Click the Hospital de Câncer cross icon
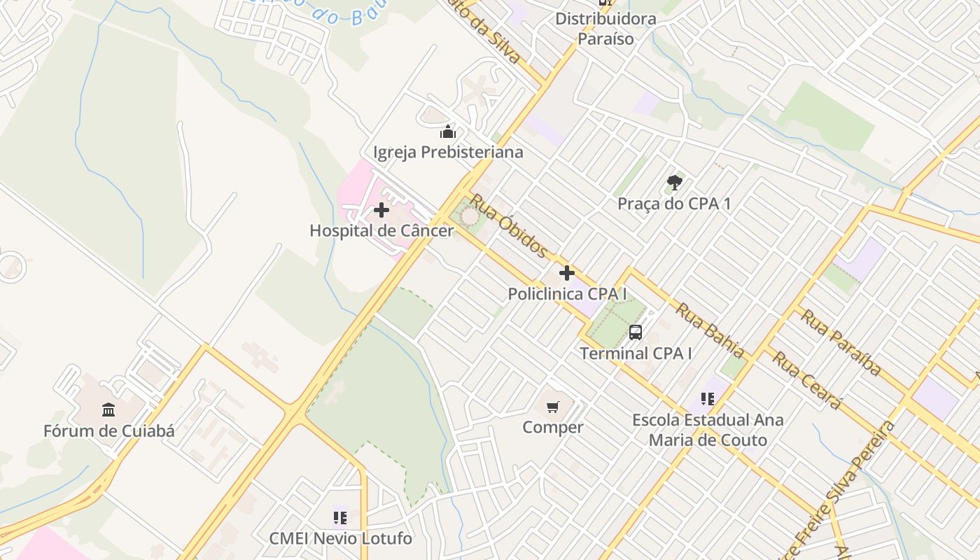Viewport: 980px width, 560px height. pyautogui.click(x=381, y=210)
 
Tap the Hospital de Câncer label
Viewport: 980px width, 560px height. pyautogui.click(x=381, y=230)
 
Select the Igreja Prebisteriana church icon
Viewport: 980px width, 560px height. pyautogui.click(x=448, y=132)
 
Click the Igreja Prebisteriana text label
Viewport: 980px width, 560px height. pyautogui.click(x=448, y=152)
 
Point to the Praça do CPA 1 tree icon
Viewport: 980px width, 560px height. pyautogui.click(x=674, y=183)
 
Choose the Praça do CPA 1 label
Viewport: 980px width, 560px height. pyautogui.click(x=674, y=204)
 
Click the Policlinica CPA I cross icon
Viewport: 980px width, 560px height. pyautogui.click(x=567, y=274)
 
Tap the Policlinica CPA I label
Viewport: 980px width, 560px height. pyautogui.click(x=567, y=294)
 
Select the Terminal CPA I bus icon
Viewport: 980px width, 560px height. pyautogui.click(x=636, y=333)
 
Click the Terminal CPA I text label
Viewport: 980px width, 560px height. pyautogui.click(x=636, y=353)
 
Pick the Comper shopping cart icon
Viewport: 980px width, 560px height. pyautogui.click(x=553, y=407)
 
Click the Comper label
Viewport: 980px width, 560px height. pyautogui.click(x=553, y=427)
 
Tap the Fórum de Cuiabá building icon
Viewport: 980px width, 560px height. pyautogui.click(x=108, y=409)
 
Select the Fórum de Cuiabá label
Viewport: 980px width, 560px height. pyautogui.click(x=108, y=430)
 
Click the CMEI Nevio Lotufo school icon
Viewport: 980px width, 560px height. pyautogui.click(x=340, y=518)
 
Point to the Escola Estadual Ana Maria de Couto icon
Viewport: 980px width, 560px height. pyautogui.click(x=708, y=399)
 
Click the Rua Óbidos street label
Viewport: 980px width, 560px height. pyautogui.click(x=508, y=226)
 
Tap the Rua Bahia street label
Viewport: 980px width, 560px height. pyautogui.click(x=710, y=330)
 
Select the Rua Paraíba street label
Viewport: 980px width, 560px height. pyautogui.click(x=841, y=342)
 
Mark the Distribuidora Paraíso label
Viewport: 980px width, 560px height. pyautogui.click(x=605, y=29)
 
